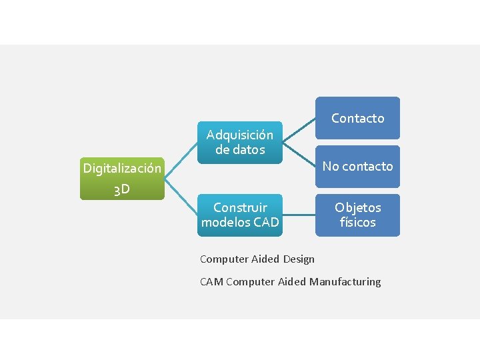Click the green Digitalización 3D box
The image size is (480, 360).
(122, 179)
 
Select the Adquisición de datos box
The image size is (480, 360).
(239, 142)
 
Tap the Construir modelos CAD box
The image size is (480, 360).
(239, 215)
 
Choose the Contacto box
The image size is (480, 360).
(357, 118)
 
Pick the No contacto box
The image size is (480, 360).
(357, 166)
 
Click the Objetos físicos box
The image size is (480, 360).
(357, 215)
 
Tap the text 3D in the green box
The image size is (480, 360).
(121, 190)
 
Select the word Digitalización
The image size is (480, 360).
(122, 168)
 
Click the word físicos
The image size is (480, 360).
(357, 223)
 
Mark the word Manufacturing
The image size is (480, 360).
(345, 281)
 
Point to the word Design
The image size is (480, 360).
(299, 259)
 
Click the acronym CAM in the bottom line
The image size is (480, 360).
(211, 281)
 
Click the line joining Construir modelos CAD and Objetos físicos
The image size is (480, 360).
(299, 215)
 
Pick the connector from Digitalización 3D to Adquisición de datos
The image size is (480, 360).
(181, 160)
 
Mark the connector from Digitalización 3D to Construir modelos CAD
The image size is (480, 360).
(181, 197)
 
